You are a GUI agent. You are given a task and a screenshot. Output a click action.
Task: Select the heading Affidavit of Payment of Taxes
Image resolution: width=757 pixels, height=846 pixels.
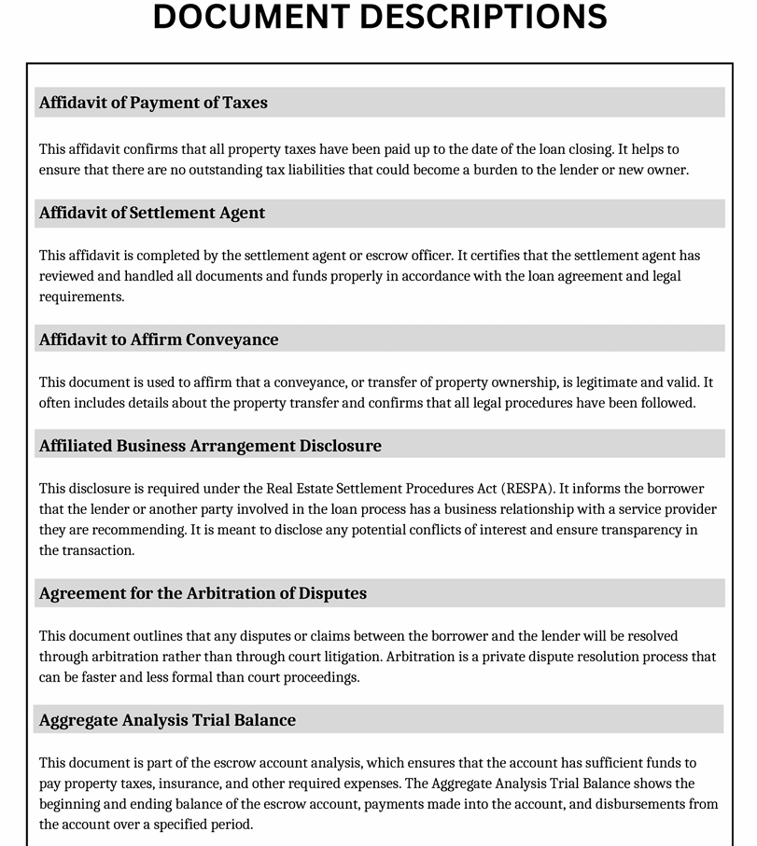coord(153,103)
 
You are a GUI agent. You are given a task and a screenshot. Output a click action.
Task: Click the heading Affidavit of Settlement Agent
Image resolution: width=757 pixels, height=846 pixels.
coord(152,213)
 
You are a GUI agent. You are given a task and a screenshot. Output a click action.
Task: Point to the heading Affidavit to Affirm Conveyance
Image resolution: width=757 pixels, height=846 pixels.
coord(159,340)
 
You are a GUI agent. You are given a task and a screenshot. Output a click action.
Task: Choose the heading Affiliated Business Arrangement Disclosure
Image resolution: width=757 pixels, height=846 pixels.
coord(210,446)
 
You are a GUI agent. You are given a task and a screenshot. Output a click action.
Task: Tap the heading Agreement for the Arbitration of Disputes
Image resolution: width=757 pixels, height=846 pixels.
coord(203,593)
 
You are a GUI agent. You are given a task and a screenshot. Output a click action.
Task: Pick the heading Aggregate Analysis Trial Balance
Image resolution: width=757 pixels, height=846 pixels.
coord(167,720)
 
